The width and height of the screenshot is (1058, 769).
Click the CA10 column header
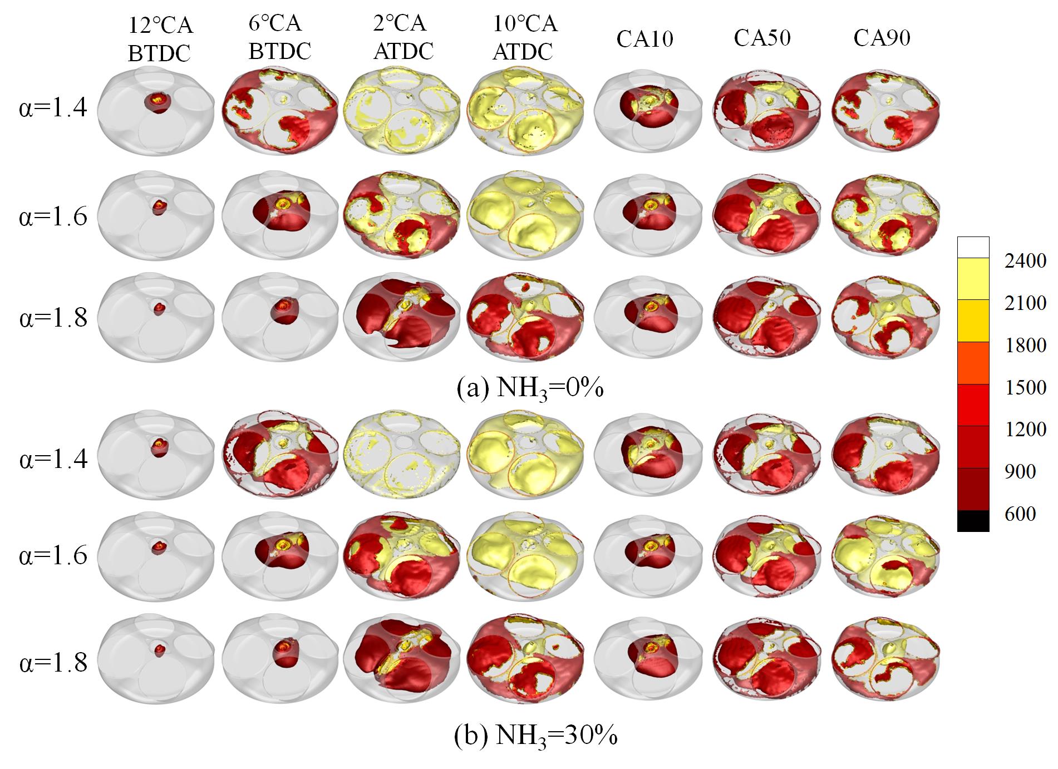coord(644,38)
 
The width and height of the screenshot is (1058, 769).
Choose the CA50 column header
coord(762,37)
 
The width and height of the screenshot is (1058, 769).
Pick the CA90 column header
coord(882,37)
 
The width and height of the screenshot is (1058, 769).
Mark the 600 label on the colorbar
coord(1020,513)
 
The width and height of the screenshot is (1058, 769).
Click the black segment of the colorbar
coord(973,521)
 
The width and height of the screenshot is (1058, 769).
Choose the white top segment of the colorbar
coord(973,247)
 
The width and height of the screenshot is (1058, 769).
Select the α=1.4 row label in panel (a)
coord(53,107)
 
